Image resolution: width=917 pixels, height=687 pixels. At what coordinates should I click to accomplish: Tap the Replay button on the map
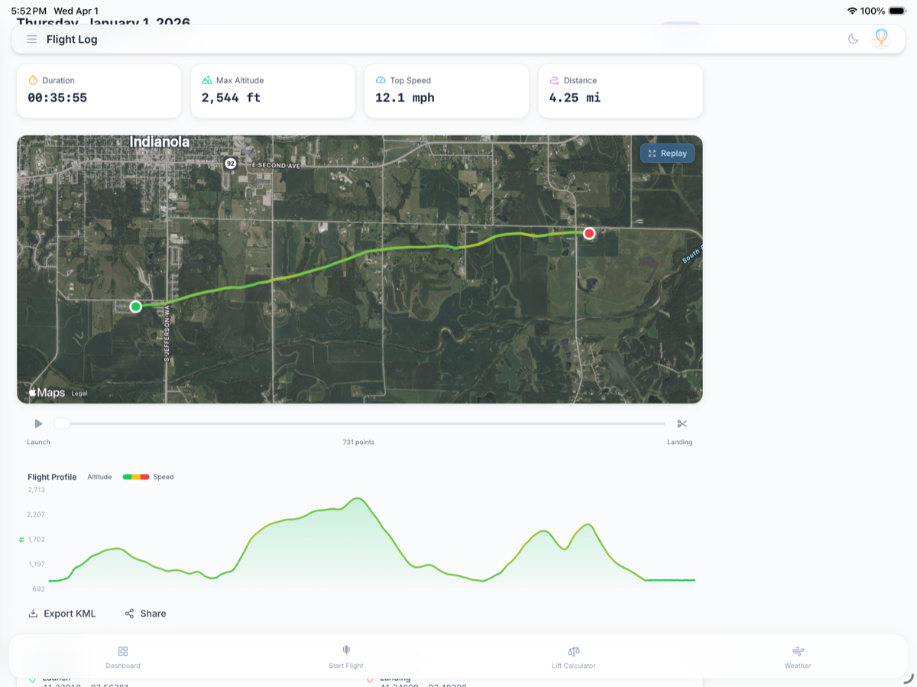click(x=667, y=154)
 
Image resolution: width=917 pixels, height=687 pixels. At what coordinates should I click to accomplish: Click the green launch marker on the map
click(x=135, y=306)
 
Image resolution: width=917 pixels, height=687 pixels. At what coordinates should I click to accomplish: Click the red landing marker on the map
click(x=589, y=233)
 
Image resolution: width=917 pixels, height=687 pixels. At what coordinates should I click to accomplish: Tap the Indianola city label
click(x=160, y=142)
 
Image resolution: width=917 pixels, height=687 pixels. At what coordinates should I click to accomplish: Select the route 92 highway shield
click(x=230, y=164)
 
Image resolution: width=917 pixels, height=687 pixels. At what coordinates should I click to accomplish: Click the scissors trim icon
click(x=682, y=423)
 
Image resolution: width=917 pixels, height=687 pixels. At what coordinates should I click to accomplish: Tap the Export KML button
click(x=62, y=614)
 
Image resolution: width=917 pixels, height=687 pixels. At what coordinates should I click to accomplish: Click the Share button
click(x=145, y=614)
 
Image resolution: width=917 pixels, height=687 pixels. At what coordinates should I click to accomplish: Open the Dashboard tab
click(x=123, y=656)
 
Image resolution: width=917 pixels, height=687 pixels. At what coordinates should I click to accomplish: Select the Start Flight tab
click(x=346, y=656)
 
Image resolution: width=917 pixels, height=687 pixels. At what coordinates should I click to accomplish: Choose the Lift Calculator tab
click(x=573, y=656)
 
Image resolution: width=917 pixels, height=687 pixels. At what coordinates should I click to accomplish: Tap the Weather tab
click(x=797, y=656)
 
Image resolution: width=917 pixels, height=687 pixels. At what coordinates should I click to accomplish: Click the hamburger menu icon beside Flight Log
click(x=31, y=39)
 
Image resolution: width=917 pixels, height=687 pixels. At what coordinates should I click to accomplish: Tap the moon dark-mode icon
click(x=854, y=39)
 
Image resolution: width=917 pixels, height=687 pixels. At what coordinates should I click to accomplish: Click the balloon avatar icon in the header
click(x=881, y=37)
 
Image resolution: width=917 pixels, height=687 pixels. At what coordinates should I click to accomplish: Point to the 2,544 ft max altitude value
click(x=231, y=98)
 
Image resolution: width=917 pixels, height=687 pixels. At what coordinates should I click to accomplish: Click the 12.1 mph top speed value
click(x=405, y=98)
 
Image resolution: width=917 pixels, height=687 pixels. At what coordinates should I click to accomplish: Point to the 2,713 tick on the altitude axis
click(x=37, y=490)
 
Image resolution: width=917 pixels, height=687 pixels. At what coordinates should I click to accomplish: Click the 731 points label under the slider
click(x=358, y=442)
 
